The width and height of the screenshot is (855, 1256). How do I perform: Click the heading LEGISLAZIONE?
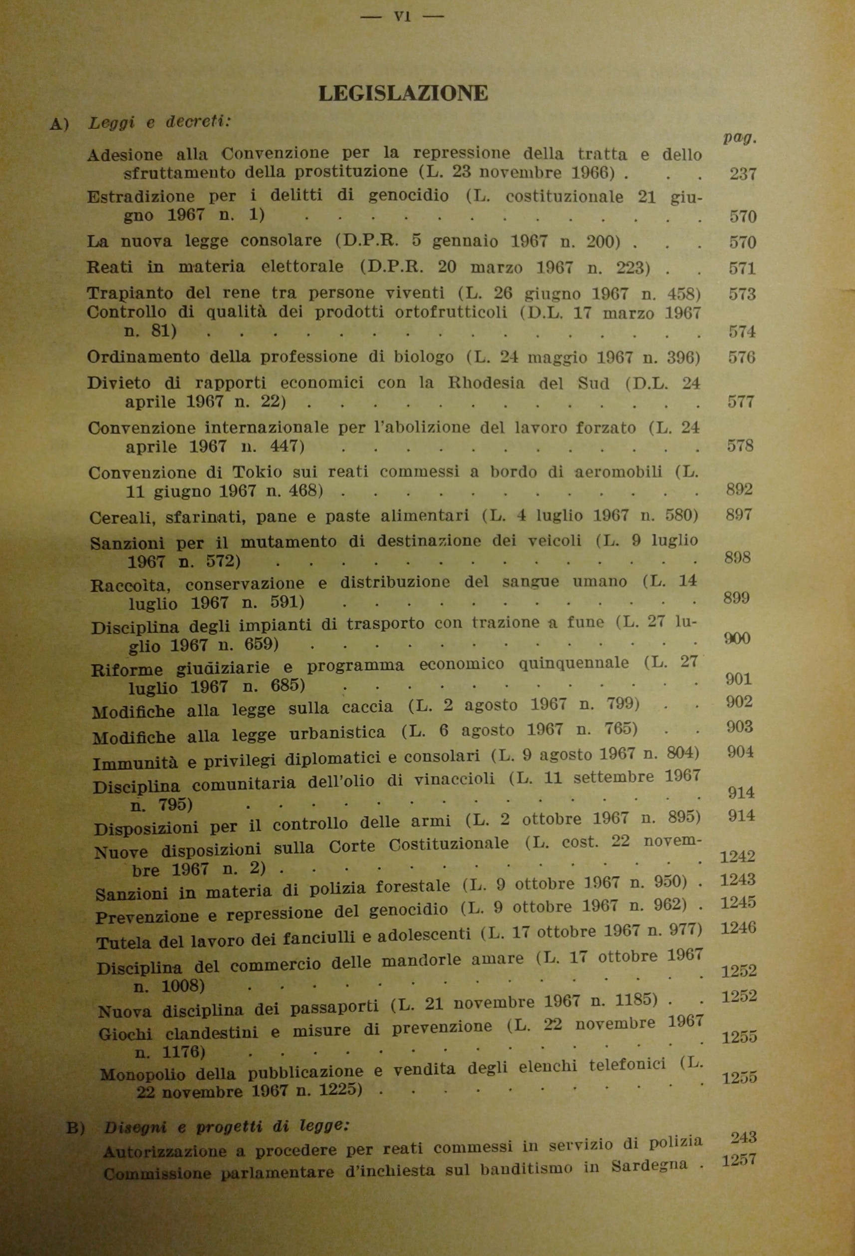403,93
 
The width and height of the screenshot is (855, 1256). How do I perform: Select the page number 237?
742,173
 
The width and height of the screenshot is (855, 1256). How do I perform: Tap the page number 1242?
738,856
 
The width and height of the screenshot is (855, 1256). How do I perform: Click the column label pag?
739,138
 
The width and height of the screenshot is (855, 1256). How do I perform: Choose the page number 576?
742,357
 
